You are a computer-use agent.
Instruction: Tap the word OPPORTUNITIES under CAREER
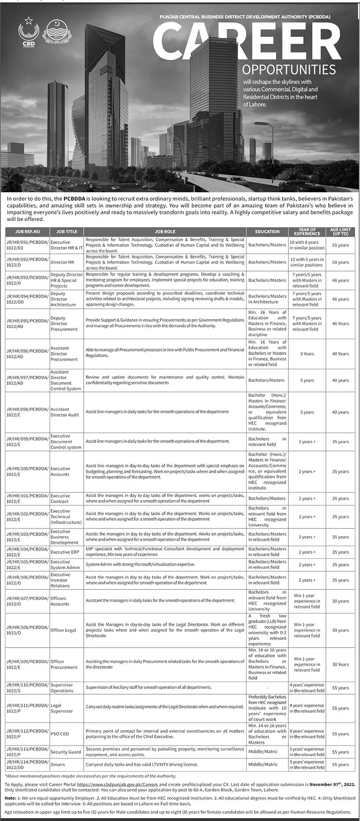tap(289, 68)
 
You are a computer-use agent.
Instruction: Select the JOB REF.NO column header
tap(27, 232)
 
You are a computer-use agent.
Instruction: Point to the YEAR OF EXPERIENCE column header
tap(307, 232)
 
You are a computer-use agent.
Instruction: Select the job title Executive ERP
tap(65, 552)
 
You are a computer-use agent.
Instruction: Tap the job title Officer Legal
tap(63, 630)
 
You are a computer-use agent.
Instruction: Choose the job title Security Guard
tap(65, 752)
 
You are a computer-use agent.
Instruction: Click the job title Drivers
tap(58, 764)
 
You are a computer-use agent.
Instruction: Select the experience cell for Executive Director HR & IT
tap(307, 245)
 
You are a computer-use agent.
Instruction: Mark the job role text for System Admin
tap(140, 565)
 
